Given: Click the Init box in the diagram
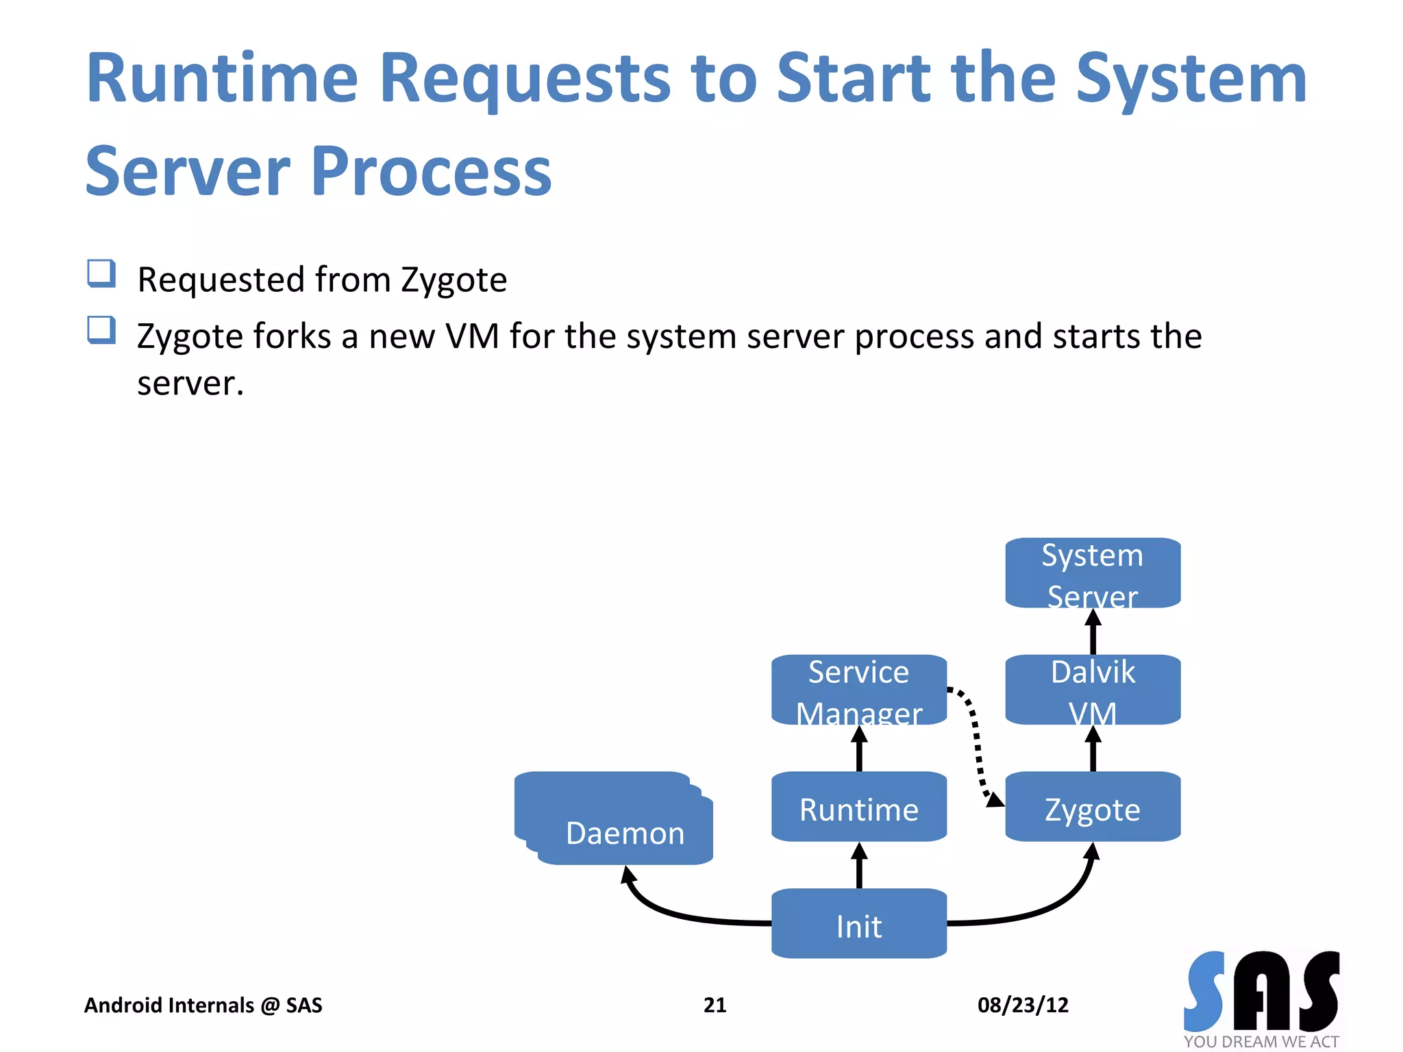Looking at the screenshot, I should [858, 925].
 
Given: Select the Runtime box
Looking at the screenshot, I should [858, 808].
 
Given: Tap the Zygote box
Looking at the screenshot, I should [1092, 808].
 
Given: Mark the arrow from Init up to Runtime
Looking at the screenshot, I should [859, 866].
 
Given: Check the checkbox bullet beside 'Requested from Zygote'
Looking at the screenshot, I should [101, 274].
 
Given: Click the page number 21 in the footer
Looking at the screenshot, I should [715, 1005].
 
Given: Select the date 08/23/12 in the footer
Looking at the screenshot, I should [1023, 1005].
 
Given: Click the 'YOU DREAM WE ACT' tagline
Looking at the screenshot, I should [1261, 1042].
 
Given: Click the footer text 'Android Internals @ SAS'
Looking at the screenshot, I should [203, 1005].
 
